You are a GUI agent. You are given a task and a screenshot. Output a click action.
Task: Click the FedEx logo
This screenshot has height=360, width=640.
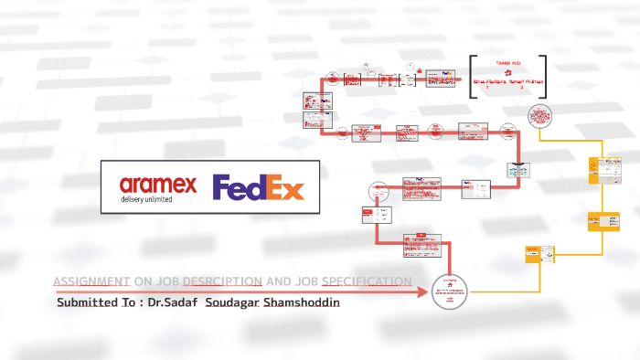tap(258, 188)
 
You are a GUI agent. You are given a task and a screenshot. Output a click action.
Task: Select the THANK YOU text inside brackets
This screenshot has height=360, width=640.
tap(507, 63)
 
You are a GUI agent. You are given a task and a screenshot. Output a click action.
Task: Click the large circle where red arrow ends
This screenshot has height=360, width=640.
tap(449, 291)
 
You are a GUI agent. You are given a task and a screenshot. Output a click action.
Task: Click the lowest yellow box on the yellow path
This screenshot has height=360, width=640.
tap(535, 254)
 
